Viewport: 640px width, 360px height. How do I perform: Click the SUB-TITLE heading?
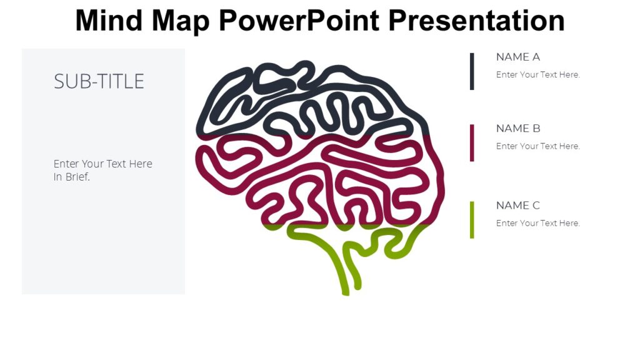99,81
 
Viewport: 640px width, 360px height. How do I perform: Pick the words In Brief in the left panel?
72,177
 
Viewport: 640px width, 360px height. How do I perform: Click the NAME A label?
517,57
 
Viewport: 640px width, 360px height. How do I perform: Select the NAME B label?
517,128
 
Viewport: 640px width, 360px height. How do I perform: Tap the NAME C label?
517,205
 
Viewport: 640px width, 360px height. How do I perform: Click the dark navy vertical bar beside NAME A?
472,71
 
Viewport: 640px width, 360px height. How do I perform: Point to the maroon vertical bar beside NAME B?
472,142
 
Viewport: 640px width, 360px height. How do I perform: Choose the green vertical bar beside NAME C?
472,219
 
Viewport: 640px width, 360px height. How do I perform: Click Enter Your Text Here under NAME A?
537,75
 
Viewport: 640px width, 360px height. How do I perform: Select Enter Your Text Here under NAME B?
537,146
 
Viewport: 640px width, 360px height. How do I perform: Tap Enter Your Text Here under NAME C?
537,223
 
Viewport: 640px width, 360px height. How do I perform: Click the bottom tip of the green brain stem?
345,291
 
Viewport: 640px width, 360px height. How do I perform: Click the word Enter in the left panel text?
66,164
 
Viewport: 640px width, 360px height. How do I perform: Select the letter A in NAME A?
536,57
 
